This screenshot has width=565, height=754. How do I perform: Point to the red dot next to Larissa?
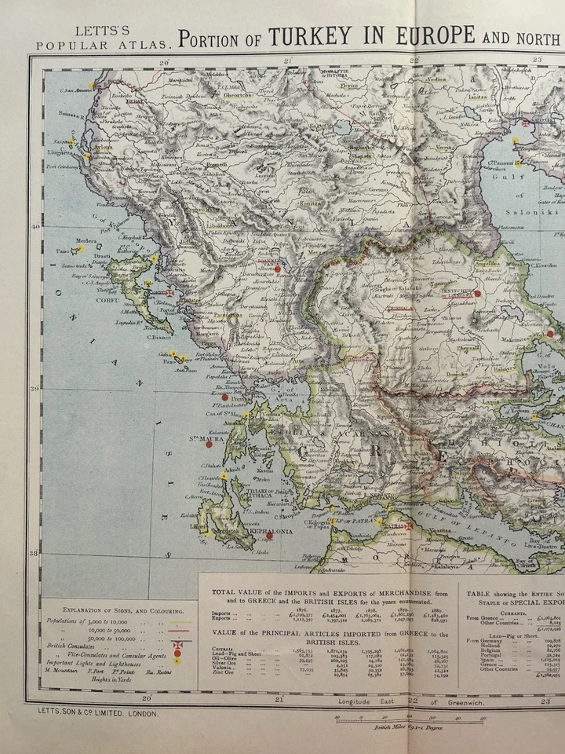click(477, 294)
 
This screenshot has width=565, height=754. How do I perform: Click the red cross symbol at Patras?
click(408, 525)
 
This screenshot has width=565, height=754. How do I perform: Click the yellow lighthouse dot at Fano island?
click(80, 247)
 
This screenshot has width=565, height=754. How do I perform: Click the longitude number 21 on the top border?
click(287, 60)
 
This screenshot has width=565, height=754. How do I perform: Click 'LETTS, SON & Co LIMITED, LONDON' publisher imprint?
click(93, 713)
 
